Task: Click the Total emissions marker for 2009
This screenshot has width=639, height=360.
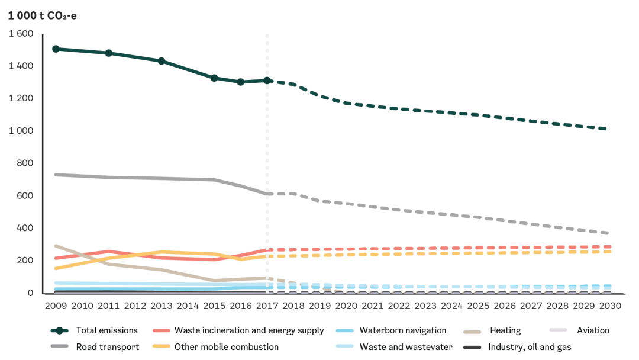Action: coord(56,49)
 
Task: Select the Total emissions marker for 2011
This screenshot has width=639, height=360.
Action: coord(109,53)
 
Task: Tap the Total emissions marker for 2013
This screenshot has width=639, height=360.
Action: coord(162,61)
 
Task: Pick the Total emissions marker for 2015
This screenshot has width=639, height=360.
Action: coord(214,78)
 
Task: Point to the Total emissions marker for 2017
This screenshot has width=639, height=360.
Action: coord(267,81)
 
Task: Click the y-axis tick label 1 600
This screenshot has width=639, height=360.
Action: coord(21,34)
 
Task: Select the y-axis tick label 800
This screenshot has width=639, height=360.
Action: coord(25,163)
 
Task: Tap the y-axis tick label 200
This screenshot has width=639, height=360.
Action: coord(25,261)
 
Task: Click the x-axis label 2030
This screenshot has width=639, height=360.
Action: coord(610,306)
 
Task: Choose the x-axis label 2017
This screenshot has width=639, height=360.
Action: coord(267,306)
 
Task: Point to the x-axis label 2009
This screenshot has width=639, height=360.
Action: coord(56,306)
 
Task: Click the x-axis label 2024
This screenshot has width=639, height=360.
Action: coord(451,306)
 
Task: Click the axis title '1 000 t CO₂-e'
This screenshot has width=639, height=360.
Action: coord(42,15)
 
